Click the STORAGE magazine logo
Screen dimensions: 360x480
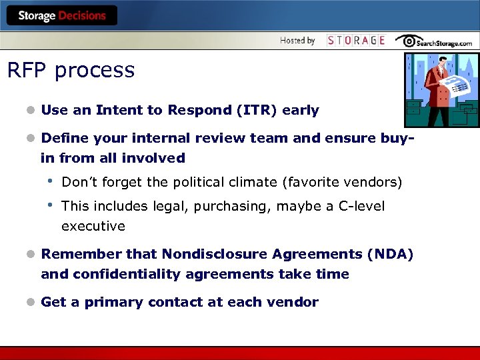tap(356, 41)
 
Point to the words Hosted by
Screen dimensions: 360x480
tap(297, 41)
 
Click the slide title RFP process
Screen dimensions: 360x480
tap(71, 70)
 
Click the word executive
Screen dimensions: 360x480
tap(93, 226)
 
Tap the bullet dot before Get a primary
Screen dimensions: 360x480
tap(30, 303)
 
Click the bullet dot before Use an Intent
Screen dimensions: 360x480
tap(30, 111)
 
